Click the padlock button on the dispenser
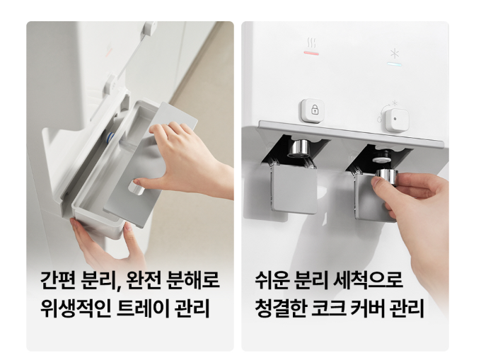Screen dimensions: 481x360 click(313, 111)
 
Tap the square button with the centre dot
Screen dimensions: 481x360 click(397, 120)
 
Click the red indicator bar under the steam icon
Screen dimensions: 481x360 click(311, 53)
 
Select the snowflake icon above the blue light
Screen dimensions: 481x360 click(395, 53)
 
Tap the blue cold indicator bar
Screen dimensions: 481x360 click(395, 64)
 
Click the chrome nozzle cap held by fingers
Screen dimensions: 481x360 click(386, 177)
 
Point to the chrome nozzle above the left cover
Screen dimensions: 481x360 click(299, 149)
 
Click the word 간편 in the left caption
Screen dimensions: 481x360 click(58, 280)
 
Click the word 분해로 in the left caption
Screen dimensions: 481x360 click(193, 280)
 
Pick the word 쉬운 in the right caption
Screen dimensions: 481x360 click(272, 280)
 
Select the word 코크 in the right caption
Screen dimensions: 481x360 click(328, 308)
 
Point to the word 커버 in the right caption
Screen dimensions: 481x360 click(368, 308)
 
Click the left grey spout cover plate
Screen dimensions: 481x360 click(294, 190)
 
